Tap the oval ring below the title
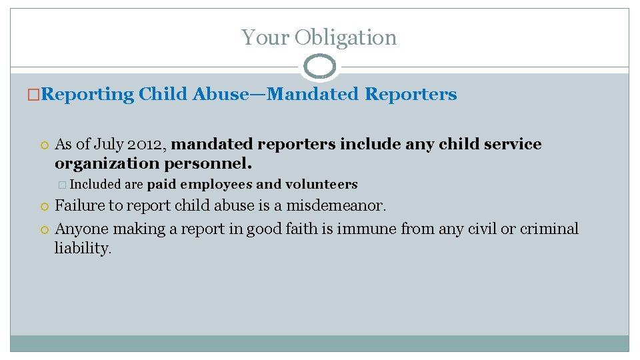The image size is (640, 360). [x=319, y=67]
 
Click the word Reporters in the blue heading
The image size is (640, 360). [x=411, y=94]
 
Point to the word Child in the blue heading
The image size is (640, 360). [x=163, y=94]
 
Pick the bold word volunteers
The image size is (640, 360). [x=321, y=185]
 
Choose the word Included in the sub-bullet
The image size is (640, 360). [x=94, y=185]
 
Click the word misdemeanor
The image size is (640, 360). [x=336, y=205]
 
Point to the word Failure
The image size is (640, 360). [x=79, y=205]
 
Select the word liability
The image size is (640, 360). [x=83, y=249]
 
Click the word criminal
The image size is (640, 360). [x=549, y=229]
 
